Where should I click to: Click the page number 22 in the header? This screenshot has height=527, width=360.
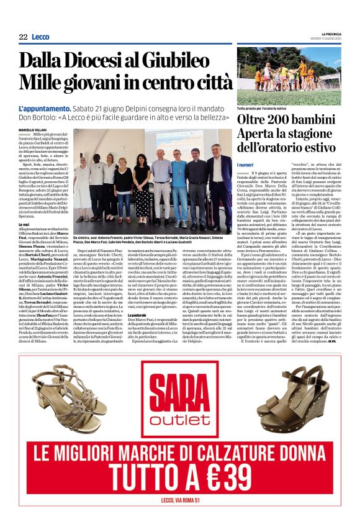pos(23,37)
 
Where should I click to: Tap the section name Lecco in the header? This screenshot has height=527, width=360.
pos(40,37)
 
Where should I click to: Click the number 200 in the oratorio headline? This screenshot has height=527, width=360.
pos(282,118)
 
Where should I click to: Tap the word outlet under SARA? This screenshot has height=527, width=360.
pos(179,420)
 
